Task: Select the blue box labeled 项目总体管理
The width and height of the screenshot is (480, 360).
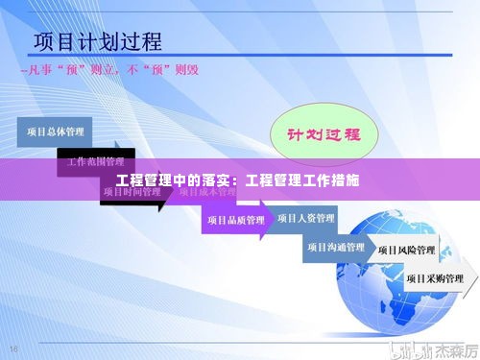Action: pyautogui.click(x=57, y=132)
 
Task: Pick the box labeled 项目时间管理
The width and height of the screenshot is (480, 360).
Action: pyautogui.click(x=132, y=192)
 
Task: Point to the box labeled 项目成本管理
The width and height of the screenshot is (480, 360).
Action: pyautogui.click(x=207, y=192)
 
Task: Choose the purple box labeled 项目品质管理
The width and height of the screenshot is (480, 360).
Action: pyautogui.click(x=236, y=220)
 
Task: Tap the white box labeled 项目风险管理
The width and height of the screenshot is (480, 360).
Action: pyautogui.click(x=407, y=250)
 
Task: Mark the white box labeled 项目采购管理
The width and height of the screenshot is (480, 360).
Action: pyautogui.click(x=435, y=277)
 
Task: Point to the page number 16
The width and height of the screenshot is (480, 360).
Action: pyautogui.click(x=13, y=348)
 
